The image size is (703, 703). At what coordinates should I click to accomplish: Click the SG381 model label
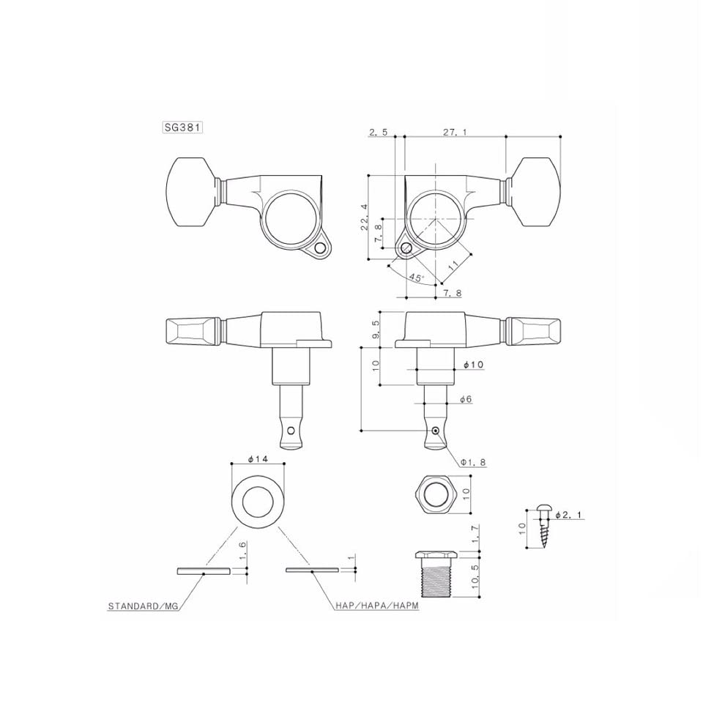click(x=182, y=127)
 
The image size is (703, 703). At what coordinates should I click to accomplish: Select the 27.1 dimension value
click(x=455, y=132)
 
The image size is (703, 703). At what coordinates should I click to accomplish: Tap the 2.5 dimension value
click(x=378, y=132)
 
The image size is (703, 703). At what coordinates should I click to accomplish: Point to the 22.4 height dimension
click(x=364, y=217)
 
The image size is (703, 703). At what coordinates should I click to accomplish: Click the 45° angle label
click(x=417, y=278)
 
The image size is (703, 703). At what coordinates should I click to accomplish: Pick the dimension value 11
click(x=454, y=264)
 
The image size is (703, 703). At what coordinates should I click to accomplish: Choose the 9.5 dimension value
click(x=376, y=329)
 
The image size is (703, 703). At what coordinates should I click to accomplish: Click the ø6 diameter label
click(x=466, y=399)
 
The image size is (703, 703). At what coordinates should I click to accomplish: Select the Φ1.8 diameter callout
click(x=472, y=462)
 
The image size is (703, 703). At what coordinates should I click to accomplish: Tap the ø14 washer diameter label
click(x=257, y=458)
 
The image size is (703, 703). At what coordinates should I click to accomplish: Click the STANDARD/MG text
click(x=143, y=606)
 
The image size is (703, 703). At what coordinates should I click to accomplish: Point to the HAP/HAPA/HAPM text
click(x=377, y=606)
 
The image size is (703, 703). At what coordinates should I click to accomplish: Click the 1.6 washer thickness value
click(x=242, y=551)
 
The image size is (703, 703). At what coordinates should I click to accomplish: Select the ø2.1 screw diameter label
click(x=570, y=515)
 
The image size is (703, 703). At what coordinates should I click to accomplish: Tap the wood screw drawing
click(x=544, y=528)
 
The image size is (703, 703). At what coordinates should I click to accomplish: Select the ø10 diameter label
click(x=474, y=365)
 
